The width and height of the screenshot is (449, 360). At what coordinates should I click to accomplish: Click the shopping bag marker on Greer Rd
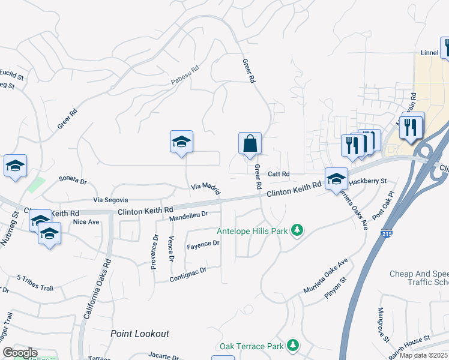tap(250, 145)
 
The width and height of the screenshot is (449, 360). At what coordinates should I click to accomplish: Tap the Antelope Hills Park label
tap(253, 231)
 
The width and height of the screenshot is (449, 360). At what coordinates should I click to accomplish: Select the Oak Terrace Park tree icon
tap(292, 346)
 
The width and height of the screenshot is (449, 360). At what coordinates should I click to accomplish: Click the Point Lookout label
tap(140, 334)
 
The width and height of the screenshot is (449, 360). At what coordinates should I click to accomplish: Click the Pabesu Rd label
tap(185, 74)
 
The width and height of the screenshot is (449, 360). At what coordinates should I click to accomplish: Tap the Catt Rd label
tap(279, 174)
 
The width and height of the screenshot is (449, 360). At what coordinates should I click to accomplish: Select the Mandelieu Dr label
tap(188, 214)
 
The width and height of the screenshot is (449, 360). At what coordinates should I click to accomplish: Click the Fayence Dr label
tap(203, 244)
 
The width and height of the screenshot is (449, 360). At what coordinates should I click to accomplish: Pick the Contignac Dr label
tap(188, 271)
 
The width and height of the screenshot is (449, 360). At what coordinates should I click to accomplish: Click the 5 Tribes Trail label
tap(36, 282)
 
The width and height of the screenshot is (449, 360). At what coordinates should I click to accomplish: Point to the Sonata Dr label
tap(72, 180)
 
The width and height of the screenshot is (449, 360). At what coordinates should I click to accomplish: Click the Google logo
tap(20, 352)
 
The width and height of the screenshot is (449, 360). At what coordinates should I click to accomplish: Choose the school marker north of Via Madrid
tap(181, 143)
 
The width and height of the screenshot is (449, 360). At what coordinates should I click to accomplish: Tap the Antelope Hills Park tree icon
tap(296, 230)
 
